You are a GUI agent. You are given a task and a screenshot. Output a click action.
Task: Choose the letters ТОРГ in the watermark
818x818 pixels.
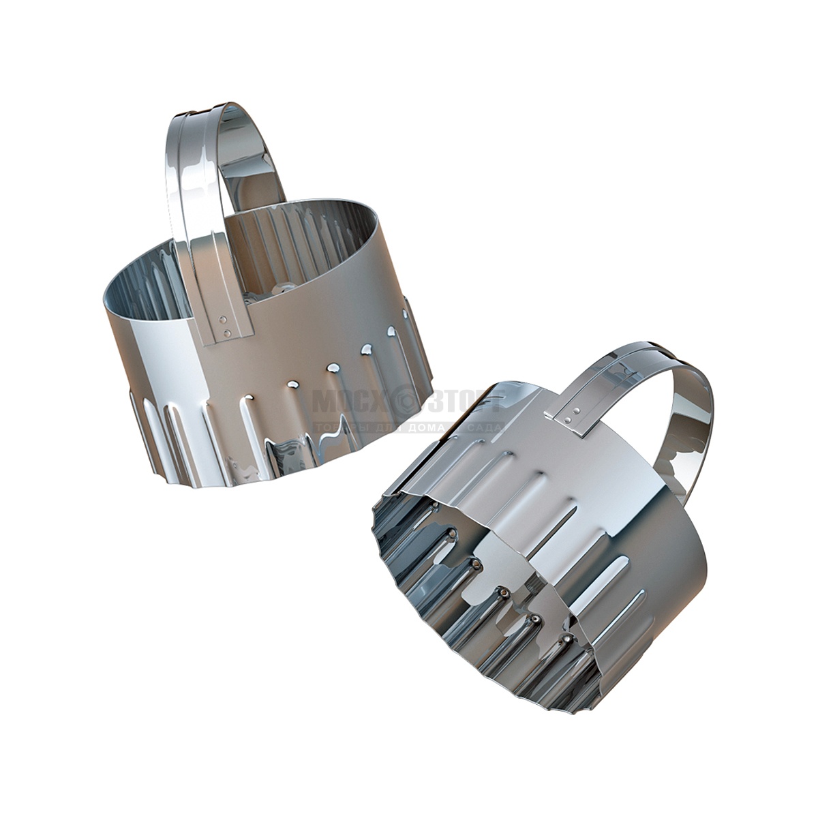[x=464, y=403]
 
